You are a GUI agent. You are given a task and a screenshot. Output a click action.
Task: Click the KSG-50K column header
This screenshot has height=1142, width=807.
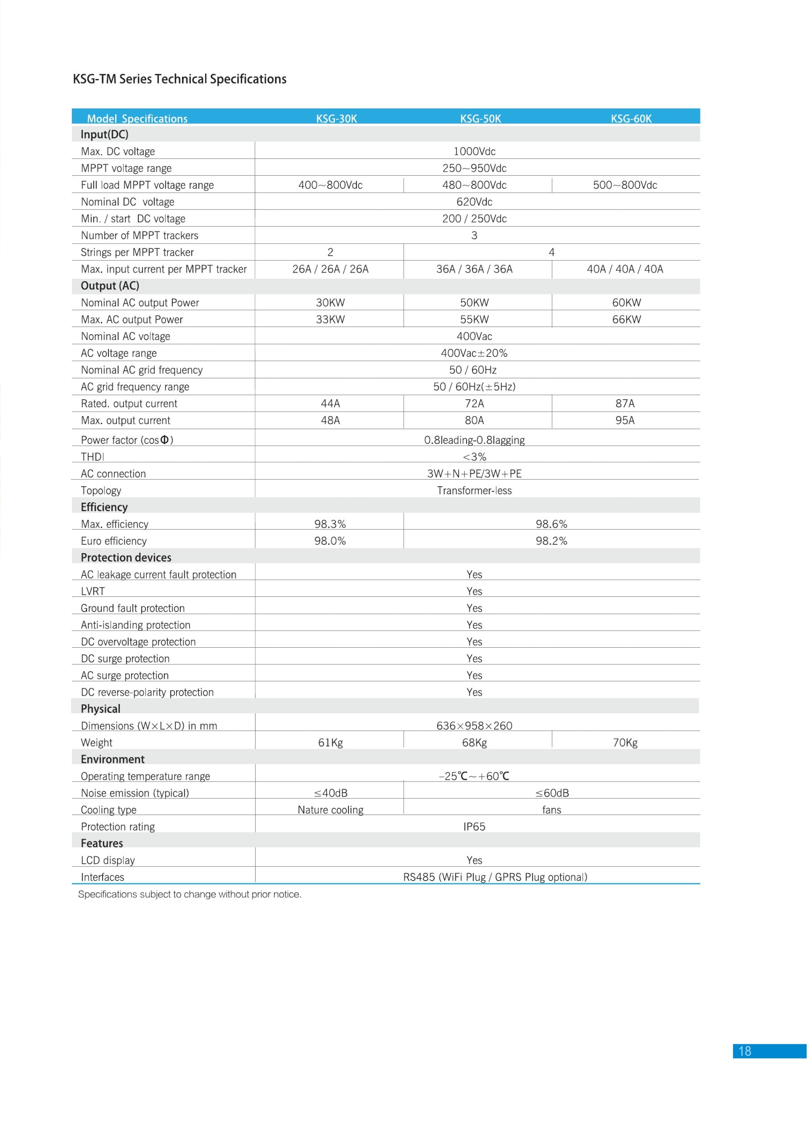pyautogui.click(x=480, y=118)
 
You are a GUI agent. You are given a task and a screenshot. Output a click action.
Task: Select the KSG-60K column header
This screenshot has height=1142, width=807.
pyautogui.click(x=631, y=118)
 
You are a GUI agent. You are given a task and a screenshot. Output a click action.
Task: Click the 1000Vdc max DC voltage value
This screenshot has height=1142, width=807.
pyautogui.click(x=474, y=151)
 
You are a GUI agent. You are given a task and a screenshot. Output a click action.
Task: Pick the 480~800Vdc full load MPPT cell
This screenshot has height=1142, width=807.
pyautogui.click(x=474, y=185)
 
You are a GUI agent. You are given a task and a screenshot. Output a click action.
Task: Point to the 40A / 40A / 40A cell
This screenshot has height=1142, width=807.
pyautogui.click(x=625, y=269)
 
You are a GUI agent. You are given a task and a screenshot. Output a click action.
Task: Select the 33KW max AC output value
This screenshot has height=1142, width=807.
pyautogui.click(x=330, y=319)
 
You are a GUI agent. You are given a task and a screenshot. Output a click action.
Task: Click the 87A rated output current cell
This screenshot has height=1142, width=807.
pyautogui.click(x=625, y=403)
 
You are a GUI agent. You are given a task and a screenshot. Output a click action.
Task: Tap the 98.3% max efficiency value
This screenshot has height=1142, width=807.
pyautogui.click(x=330, y=524)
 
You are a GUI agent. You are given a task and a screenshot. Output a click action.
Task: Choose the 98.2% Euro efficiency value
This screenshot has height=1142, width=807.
pyautogui.click(x=551, y=541)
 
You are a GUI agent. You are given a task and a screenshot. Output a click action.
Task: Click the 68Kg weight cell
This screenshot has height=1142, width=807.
pyautogui.click(x=474, y=742)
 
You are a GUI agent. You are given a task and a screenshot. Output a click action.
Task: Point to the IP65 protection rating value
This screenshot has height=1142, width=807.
pyautogui.click(x=474, y=827)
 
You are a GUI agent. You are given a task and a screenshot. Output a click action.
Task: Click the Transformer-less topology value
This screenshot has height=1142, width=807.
pyautogui.click(x=474, y=490)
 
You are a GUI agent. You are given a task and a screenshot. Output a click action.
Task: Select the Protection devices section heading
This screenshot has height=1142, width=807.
pyautogui.click(x=126, y=558)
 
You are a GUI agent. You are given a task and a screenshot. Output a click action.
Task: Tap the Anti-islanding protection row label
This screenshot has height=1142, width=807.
pyautogui.click(x=135, y=625)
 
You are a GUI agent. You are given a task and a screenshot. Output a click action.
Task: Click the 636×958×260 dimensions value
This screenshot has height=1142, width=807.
pyautogui.click(x=474, y=726)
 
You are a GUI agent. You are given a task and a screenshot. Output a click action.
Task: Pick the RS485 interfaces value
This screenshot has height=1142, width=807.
pyautogui.click(x=495, y=877)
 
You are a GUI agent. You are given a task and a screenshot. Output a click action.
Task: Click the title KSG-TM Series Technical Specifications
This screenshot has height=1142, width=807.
pyautogui.click(x=180, y=79)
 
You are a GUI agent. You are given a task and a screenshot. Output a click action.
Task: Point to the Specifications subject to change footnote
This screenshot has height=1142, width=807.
pyautogui.click(x=190, y=894)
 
